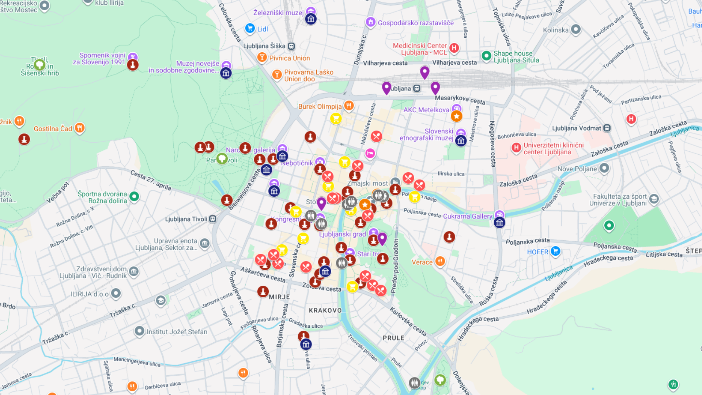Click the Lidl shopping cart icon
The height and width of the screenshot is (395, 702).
[250, 28]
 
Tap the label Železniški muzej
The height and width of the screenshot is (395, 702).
[278, 13]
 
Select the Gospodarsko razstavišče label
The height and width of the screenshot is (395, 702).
[415, 23]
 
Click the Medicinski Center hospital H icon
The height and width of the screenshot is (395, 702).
[454, 48]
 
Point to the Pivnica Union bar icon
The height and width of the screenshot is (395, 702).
[262, 57]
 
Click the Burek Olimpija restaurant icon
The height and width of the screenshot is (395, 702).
[349, 106]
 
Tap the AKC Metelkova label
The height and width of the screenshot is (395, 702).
[426, 110]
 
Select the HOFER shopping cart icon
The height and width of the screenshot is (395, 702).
[555, 251]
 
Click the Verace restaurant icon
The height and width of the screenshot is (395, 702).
[440, 262]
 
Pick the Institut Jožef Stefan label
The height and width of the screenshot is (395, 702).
[177, 332]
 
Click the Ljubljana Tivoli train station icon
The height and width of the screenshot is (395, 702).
[213, 219]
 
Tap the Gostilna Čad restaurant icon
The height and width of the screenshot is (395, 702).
[79, 128]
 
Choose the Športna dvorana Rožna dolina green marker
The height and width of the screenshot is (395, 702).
[134, 196]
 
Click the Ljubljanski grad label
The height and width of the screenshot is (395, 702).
[342, 234]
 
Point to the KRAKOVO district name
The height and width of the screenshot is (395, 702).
[325, 311]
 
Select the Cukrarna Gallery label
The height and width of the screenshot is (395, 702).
[468, 217]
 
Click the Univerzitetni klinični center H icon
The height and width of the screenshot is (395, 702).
[516, 147]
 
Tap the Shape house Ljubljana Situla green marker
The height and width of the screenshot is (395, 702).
[486, 56]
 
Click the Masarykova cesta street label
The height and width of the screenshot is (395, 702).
[460, 99]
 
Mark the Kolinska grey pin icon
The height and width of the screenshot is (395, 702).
[576, 29]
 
